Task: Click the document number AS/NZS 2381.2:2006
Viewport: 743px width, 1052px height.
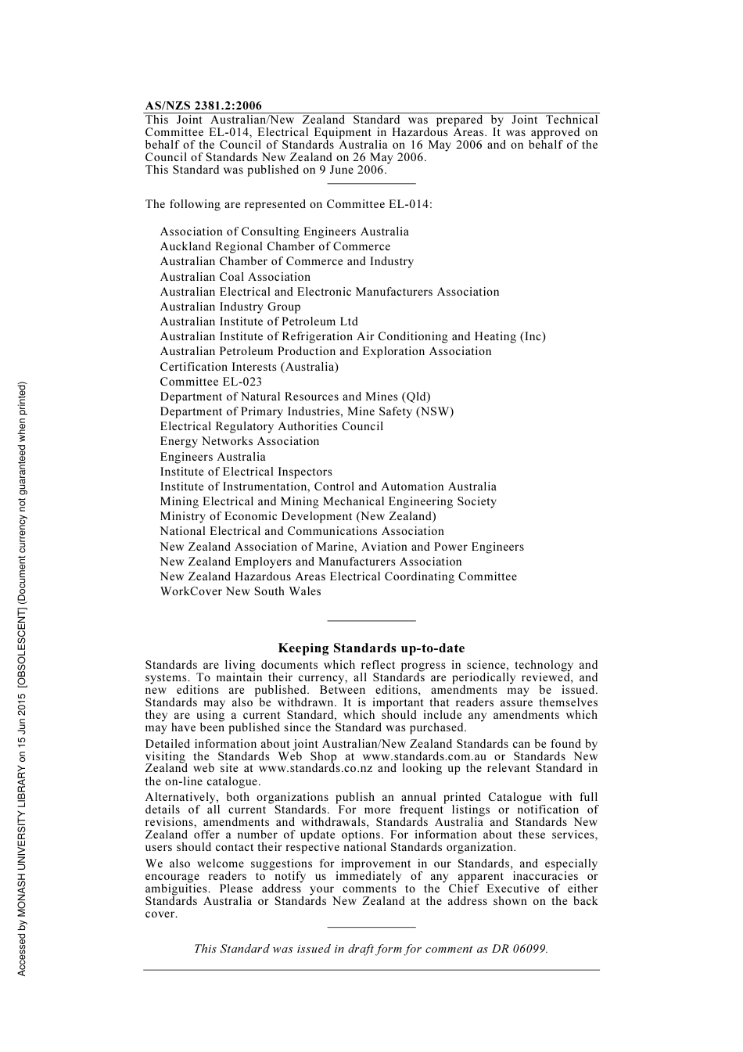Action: click(x=203, y=106)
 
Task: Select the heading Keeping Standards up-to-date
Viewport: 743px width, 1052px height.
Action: click(x=371, y=648)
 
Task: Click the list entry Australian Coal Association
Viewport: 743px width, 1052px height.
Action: click(x=235, y=277)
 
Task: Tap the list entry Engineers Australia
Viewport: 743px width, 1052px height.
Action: click(x=213, y=457)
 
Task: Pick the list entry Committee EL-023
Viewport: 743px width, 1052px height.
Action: click(x=210, y=382)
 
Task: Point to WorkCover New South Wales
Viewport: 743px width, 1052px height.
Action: click(x=240, y=591)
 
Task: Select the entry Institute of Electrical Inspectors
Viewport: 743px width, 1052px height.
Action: click(x=246, y=472)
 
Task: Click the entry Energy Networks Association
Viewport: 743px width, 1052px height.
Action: click(x=239, y=441)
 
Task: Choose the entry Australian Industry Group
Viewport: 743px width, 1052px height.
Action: click(x=230, y=307)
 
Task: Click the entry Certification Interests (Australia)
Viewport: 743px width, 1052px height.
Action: click(x=249, y=367)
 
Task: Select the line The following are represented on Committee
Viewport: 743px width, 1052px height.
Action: click(x=288, y=204)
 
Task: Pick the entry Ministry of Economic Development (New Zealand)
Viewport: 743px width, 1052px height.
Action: click(x=297, y=516)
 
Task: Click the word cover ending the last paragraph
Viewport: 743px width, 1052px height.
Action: click(x=160, y=914)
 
